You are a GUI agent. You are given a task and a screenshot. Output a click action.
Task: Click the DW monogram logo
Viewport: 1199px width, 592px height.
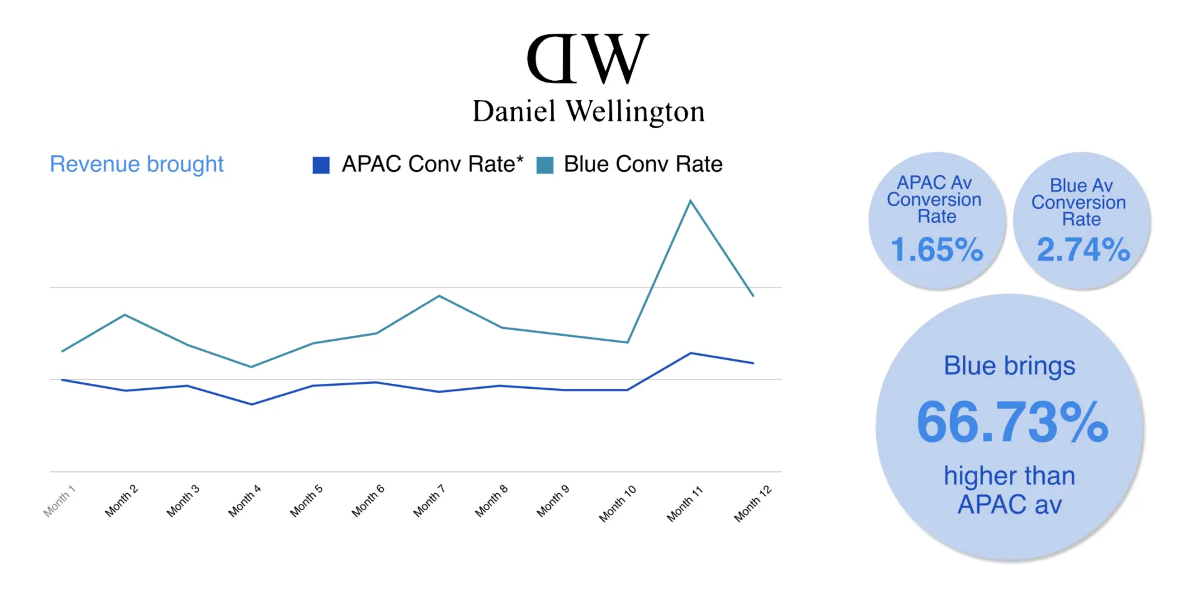588,59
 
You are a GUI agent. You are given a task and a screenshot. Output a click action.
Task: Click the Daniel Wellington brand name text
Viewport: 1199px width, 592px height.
588,112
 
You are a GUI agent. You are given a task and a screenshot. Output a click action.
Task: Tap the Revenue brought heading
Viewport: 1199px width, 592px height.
136,164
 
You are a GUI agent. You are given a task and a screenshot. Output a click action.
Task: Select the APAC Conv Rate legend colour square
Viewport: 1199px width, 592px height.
321,165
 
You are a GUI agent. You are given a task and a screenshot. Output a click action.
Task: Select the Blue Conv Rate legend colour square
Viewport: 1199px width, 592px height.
545,165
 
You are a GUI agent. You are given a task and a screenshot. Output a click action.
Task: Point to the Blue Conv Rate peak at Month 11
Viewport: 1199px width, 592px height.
690,201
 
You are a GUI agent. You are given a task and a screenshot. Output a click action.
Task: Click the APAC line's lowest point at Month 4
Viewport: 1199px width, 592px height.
252,404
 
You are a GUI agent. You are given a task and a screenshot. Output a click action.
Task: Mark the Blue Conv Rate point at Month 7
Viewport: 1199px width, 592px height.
440,296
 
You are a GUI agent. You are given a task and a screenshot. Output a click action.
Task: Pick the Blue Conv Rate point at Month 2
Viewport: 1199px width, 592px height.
126,314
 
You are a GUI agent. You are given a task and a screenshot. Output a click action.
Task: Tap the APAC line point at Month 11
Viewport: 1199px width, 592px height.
691,353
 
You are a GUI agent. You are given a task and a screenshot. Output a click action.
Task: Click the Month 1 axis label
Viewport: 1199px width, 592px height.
59,501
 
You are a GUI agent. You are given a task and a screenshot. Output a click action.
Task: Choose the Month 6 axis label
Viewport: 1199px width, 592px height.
368,501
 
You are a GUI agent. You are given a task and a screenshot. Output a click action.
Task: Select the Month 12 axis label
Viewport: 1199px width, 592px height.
752,503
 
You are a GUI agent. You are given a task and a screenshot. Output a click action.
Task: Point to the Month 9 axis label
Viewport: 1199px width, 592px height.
553,501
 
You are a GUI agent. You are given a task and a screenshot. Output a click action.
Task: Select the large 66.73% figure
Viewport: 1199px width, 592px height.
1012,423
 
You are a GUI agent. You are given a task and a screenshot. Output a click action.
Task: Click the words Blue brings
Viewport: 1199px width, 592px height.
1009,366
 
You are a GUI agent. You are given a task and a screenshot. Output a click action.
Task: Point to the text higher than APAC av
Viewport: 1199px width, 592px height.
1009,490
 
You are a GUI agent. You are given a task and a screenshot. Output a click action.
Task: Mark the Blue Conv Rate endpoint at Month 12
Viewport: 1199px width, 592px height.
753,296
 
